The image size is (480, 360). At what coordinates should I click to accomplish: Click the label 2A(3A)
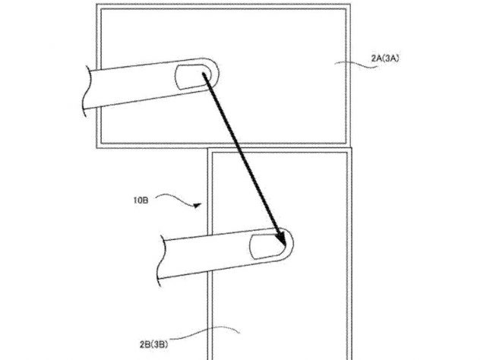385,58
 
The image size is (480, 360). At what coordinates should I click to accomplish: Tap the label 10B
141,201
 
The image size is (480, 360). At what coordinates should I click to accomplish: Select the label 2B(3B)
153,344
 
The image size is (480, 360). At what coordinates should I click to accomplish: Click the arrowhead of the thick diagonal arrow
281,238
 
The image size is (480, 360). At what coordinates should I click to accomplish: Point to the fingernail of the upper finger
193,77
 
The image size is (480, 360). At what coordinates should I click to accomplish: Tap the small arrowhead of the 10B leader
197,205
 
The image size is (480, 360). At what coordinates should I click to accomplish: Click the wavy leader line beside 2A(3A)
355,65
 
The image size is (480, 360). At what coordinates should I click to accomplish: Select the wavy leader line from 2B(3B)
204,332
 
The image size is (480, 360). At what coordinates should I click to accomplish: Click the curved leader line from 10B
176,199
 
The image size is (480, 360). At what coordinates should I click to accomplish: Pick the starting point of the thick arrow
204,74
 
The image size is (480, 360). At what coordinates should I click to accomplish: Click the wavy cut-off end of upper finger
87,91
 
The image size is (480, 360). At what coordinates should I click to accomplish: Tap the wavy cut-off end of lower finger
161,261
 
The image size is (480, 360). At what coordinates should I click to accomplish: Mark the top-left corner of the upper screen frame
96,5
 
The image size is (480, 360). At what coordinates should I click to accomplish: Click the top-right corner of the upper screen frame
350,5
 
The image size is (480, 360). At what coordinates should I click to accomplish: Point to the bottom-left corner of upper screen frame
96,148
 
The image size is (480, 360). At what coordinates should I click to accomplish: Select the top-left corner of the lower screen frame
208,149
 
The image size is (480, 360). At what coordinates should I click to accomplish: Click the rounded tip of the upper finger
219,72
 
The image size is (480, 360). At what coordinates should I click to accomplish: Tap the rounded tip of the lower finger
293,244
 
